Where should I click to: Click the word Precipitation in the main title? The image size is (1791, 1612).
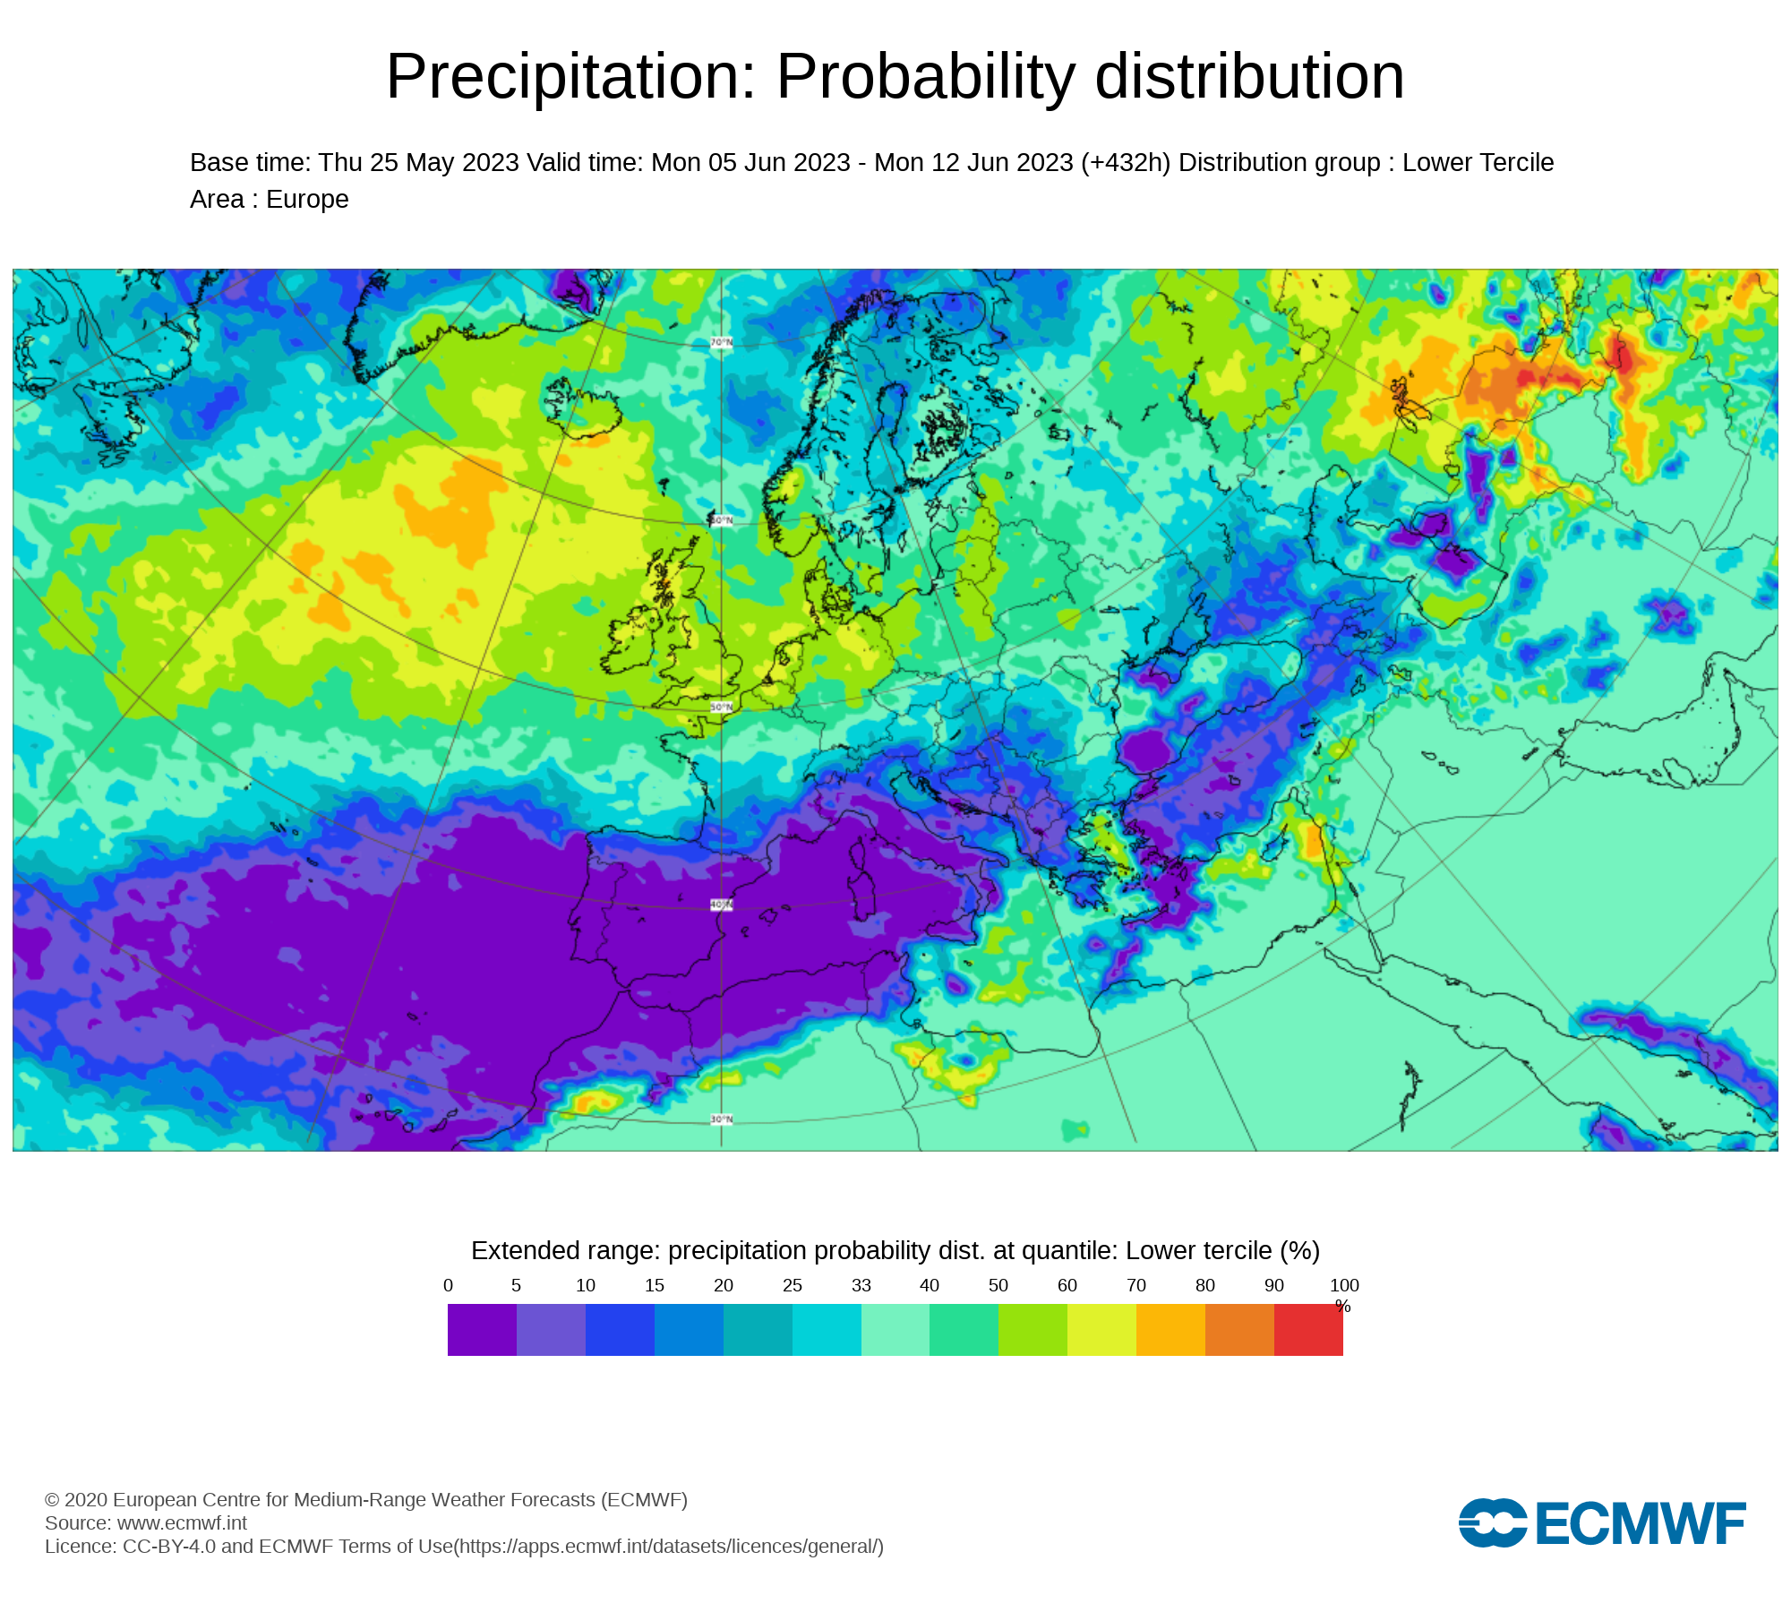click(x=571, y=77)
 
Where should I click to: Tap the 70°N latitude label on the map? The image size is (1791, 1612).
click(x=721, y=342)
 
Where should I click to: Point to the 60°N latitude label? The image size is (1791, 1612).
click(x=721, y=520)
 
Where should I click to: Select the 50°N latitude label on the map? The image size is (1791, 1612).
click(x=721, y=707)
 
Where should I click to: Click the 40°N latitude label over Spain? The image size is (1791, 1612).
click(x=721, y=905)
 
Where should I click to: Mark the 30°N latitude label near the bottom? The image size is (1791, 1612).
click(x=721, y=1119)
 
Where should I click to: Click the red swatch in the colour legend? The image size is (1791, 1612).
click(x=1308, y=1330)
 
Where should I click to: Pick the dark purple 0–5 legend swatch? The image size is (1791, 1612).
click(x=482, y=1330)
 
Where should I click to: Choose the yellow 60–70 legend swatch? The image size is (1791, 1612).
click(x=1101, y=1330)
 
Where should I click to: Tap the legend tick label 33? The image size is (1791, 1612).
click(x=861, y=1285)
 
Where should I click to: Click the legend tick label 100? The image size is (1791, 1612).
click(x=1344, y=1285)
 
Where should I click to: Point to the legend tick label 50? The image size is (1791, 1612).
click(x=998, y=1285)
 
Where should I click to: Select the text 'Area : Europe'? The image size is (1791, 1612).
click(x=269, y=199)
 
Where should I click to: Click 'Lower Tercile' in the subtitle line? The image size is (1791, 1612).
click(x=1478, y=163)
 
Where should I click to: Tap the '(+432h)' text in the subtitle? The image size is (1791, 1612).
click(x=1126, y=163)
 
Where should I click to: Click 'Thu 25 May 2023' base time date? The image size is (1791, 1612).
click(x=418, y=163)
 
